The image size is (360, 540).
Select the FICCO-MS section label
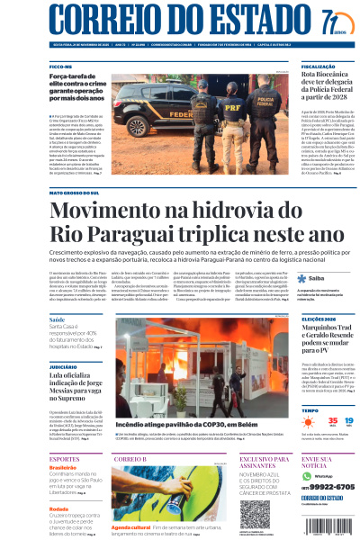(62, 67)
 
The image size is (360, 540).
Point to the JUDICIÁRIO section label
(64, 367)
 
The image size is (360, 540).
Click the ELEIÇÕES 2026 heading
(319, 319)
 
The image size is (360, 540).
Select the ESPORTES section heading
(66, 459)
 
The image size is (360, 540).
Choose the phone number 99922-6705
(328, 486)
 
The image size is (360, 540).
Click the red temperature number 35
(309, 421)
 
